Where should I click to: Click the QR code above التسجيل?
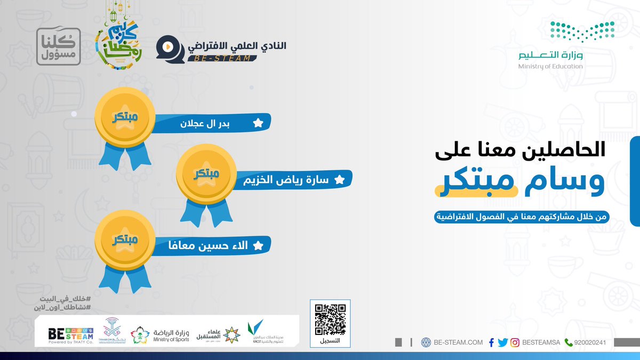click(x=331, y=319)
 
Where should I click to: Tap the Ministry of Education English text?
click(x=550, y=67)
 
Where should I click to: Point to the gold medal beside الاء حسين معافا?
click(x=124, y=240)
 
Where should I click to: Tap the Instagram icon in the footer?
click(x=515, y=342)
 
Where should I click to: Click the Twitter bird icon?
click(x=502, y=342)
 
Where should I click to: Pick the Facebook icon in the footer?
click(x=491, y=342)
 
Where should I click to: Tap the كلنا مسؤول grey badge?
click(x=58, y=46)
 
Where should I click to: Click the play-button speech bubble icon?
click(x=166, y=48)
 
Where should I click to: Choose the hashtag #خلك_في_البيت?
click(x=62, y=298)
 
